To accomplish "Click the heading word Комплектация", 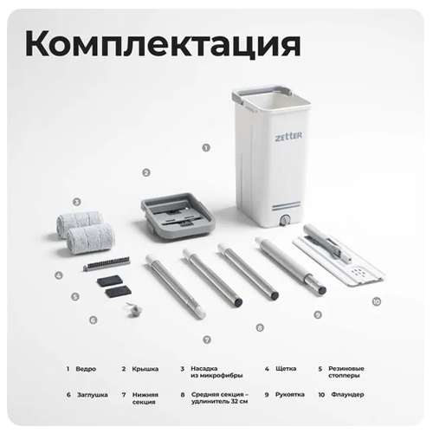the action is click(163, 44).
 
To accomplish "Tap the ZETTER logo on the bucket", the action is click(288, 136).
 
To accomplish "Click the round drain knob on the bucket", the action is click(285, 220).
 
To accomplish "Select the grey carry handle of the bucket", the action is click(262, 94).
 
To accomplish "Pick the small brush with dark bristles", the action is click(107, 263).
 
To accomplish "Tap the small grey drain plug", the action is click(134, 310).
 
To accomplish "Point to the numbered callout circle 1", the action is click(206, 148).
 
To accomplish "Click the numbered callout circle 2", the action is click(146, 172).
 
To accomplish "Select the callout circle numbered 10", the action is click(377, 302).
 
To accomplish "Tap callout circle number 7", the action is click(207, 339).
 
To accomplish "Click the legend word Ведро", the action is click(86, 369).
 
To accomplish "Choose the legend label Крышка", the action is click(145, 369).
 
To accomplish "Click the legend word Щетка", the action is click(286, 369).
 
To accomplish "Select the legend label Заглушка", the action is click(93, 395).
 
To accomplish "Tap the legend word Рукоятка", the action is click(290, 394).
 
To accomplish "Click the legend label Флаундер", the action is click(347, 394).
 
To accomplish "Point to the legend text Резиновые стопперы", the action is click(346, 372).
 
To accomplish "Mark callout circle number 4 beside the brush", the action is click(59, 275).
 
